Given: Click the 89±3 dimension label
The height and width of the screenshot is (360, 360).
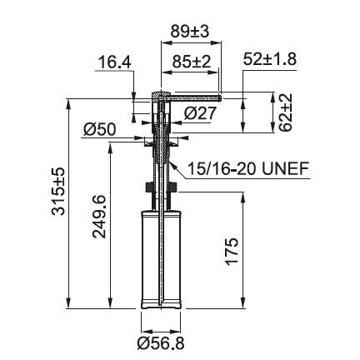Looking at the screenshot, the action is [x=190, y=31].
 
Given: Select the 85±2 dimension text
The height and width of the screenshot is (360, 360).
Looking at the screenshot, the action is [x=192, y=62].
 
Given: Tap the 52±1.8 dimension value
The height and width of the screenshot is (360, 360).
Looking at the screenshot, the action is [x=270, y=59].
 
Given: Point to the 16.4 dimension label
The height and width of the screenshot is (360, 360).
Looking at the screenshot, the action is [x=115, y=62].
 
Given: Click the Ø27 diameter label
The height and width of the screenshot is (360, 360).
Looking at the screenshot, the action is [x=200, y=113].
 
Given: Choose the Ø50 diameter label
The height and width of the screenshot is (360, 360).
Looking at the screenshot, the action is [x=99, y=129].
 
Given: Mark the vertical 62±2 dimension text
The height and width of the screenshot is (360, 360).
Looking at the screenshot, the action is [x=286, y=112].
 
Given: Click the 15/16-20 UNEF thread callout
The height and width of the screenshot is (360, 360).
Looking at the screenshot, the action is [x=248, y=168].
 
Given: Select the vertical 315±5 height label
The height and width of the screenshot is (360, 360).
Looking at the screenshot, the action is [x=58, y=192].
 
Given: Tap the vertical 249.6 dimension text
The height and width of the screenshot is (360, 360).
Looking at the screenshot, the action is [x=99, y=217].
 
